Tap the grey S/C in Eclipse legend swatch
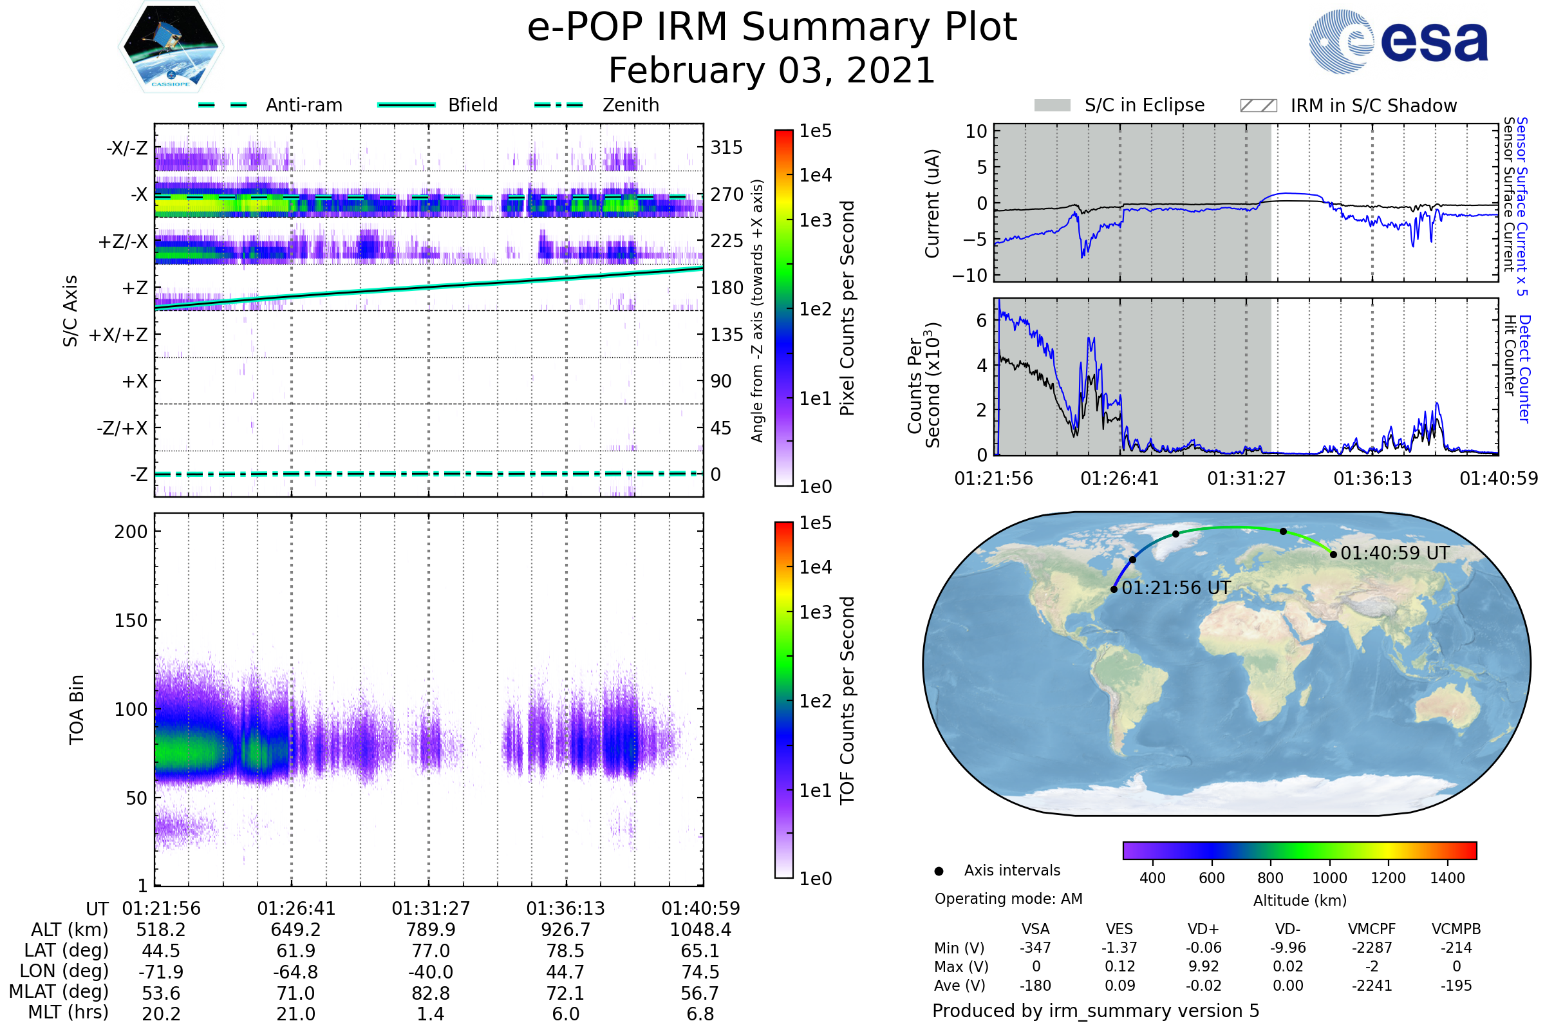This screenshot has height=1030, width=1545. pos(1052,106)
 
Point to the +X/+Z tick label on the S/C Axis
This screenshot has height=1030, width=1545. pos(118,335)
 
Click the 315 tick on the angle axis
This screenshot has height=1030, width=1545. pos(726,147)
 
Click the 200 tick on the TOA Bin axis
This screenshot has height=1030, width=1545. pos(131,532)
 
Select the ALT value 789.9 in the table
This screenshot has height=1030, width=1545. pos(430,930)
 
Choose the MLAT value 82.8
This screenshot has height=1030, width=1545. pos(430,993)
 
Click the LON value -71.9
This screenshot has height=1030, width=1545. pos(161,971)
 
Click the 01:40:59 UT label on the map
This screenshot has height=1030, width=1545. pos(1394,553)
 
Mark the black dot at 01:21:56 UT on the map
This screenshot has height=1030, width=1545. pos(1114,589)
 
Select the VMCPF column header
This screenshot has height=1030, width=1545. pos(1372,929)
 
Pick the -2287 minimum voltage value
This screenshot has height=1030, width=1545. pos(1372,948)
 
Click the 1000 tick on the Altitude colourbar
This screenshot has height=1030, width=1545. pos(1329,878)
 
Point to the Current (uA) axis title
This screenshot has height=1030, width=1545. pos(932,203)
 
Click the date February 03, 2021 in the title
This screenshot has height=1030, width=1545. pos(772,70)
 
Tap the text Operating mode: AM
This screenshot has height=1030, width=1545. pos(1008,899)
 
